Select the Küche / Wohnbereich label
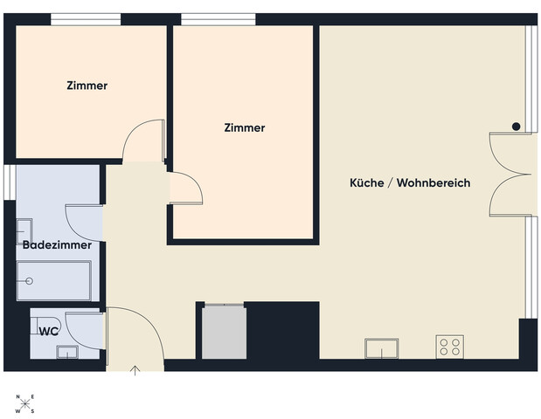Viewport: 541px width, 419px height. (410, 183)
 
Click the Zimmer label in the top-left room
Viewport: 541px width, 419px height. (87, 86)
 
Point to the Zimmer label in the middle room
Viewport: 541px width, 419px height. (244, 127)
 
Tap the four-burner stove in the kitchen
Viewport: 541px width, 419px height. (449, 347)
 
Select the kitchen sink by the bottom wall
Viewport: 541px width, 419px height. (383, 348)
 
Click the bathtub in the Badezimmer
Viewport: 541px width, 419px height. (54, 281)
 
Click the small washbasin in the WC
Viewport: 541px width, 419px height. (67, 352)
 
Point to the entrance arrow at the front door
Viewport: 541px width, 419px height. (135, 370)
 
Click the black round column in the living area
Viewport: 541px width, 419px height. (517, 127)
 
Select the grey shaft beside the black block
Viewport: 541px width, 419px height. (224, 331)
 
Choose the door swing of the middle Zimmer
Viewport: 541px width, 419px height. (185, 188)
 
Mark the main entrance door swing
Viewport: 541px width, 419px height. (131, 336)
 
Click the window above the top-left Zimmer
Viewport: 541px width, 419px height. (86, 19)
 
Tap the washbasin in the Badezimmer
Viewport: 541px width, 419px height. (24, 231)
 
